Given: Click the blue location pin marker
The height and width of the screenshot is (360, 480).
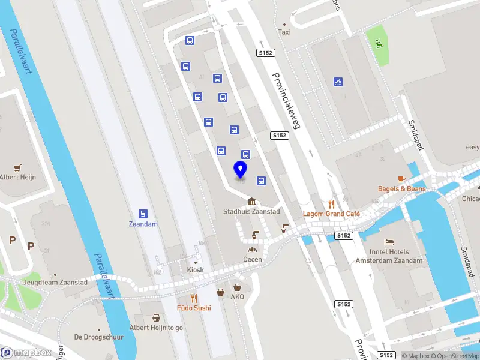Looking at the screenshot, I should pos(241,170).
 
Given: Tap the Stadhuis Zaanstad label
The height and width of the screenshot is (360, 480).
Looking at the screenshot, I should pos(251,211).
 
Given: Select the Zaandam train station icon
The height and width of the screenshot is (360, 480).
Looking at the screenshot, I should pos(143,214).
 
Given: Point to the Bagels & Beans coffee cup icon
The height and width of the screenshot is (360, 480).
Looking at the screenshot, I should pos(401,179).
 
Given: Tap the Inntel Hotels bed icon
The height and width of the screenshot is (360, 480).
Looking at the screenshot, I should pos(389,242).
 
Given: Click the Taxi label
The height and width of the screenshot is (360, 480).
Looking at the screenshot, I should pos(284,32).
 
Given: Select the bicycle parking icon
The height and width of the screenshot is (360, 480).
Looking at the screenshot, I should pos(338,82).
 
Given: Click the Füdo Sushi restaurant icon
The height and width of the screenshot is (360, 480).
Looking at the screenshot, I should pos(194,298).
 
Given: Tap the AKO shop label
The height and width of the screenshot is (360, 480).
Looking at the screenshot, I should pos(238,296).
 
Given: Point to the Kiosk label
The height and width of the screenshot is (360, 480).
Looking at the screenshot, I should pos(196,270).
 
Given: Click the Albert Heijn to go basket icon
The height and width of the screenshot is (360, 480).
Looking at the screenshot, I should pos(157,318).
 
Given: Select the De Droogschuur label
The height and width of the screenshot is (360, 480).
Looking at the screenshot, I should pos(99,337).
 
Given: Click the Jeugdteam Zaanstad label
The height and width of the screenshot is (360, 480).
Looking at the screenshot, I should pos(56,282).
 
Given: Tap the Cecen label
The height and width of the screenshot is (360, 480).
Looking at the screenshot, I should pos(253,259).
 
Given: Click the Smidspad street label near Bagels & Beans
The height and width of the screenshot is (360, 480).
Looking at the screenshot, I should pos(416,135).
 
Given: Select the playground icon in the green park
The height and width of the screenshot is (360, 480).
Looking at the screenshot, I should pos(378,43).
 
